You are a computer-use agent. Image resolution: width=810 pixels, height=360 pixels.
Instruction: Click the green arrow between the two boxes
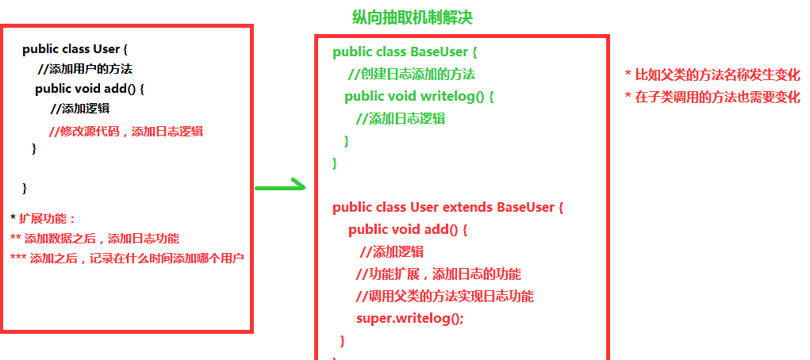pyautogui.click(x=280, y=187)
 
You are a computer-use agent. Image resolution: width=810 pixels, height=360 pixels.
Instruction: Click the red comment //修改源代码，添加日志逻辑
pyautogui.click(x=132, y=132)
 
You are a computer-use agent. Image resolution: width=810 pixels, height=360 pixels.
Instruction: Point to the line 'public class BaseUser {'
pyautogui.click(x=405, y=52)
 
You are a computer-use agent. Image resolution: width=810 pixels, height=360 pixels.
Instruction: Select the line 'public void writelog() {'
pyautogui.click(x=420, y=97)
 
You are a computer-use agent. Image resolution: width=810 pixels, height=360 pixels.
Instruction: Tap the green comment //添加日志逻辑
pyautogui.click(x=400, y=119)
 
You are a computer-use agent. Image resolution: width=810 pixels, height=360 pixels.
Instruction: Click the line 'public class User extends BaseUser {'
pyautogui.click(x=447, y=208)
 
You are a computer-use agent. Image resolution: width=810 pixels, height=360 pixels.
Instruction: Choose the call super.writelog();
pyautogui.click(x=409, y=319)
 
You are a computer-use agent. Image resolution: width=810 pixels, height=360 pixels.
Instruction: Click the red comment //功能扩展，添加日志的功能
pyautogui.click(x=438, y=274)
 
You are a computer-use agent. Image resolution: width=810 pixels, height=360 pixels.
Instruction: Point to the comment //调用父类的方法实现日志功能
pyautogui.click(x=444, y=297)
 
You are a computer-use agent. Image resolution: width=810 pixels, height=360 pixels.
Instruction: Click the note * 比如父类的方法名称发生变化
pyautogui.click(x=712, y=75)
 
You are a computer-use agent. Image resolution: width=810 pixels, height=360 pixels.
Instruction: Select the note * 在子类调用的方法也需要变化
pyautogui.click(x=712, y=98)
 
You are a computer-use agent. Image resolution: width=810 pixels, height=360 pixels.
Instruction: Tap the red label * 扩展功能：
pyautogui.click(x=43, y=218)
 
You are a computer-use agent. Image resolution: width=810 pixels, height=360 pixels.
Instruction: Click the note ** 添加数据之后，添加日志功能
pyautogui.click(x=94, y=238)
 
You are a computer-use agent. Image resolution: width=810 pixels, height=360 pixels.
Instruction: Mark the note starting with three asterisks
pyautogui.click(x=127, y=258)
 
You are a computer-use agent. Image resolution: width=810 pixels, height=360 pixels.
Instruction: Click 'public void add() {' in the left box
pyautogui.click(x=89, y=89)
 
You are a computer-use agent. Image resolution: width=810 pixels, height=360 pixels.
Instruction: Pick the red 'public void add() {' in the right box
pyautogui.click(x=408, y=230)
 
